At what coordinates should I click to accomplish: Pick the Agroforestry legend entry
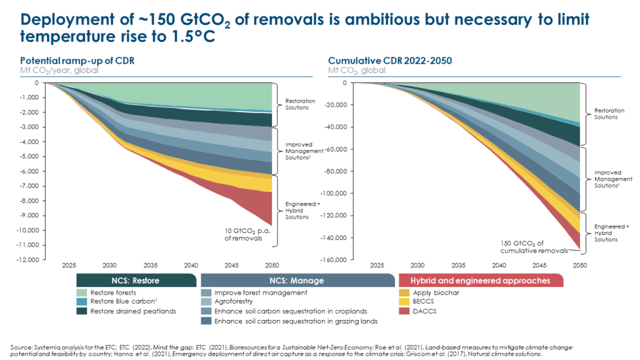pyautogui.click(x=235, y=302)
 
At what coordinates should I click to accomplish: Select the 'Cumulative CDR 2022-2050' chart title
pyautogui.click(x=378, y=61)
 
